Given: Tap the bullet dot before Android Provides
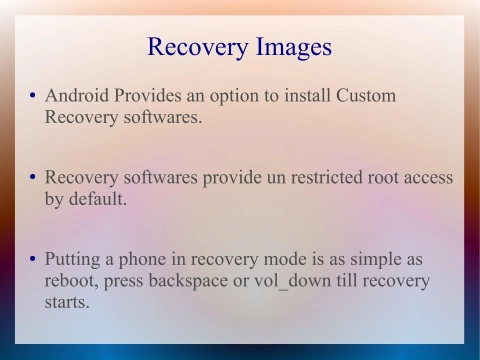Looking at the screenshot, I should tap(33, 98).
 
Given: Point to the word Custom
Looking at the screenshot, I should tap(364, 96).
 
